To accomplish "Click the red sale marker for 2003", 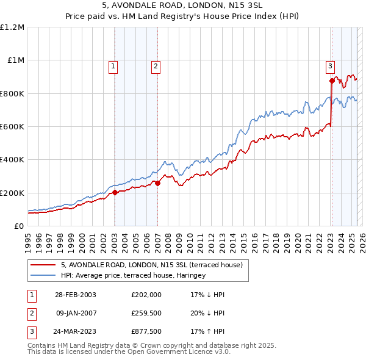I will coord(115,193).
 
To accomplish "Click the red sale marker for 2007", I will coord(157,182).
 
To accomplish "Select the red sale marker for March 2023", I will coord(332,81).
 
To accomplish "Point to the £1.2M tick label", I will coord(12,27).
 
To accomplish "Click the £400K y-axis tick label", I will coord(12,160).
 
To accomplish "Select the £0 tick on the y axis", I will coord(19,226).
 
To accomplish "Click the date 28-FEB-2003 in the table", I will coord(75,295).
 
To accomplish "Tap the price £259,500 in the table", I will coord(146,314).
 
